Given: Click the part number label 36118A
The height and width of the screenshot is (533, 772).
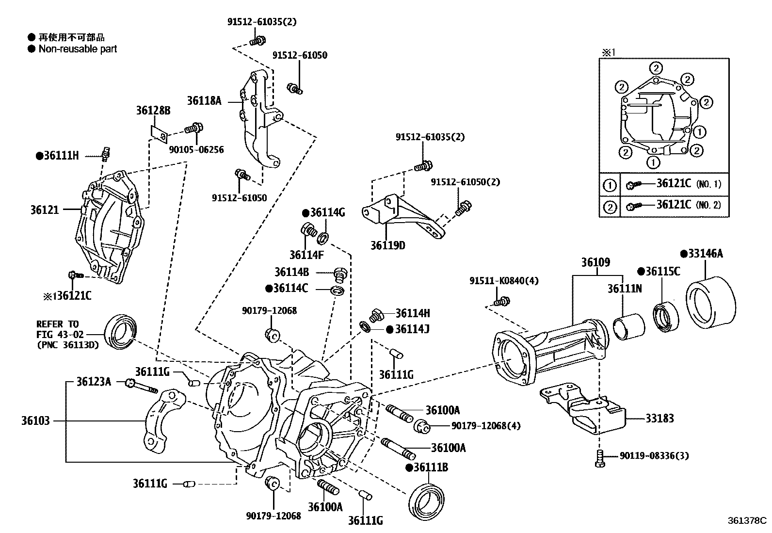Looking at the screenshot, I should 204,101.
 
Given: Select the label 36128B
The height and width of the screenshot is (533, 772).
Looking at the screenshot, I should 153,111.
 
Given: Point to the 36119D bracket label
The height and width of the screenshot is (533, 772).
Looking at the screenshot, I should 387,245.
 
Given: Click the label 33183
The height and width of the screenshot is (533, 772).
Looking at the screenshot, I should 659,418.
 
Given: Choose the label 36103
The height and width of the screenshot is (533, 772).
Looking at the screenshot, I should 35,420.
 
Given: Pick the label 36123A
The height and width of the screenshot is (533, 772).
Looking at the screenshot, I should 94,382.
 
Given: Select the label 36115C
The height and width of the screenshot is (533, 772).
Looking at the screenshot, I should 662,272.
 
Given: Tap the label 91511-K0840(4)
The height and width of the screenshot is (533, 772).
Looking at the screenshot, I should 503,281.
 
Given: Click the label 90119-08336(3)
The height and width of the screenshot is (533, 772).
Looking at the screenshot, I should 654,456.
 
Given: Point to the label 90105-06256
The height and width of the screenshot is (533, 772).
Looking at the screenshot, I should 196,150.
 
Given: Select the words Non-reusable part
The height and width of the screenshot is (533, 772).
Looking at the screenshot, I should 78,49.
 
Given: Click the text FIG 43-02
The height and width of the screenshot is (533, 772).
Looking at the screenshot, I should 60,335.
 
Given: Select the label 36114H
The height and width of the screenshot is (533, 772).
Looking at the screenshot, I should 413,313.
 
